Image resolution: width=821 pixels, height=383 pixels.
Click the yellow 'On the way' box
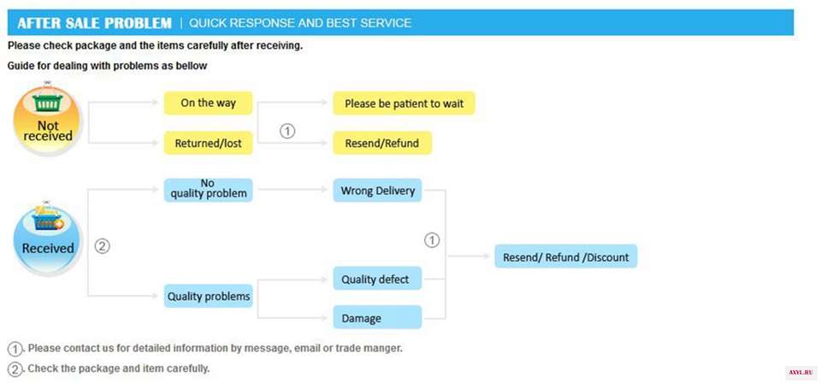click(x=208, y=103)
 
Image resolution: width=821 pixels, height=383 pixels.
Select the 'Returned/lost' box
click(x=208, y=143)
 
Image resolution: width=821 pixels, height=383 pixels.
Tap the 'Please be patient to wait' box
click(x=404, y=103)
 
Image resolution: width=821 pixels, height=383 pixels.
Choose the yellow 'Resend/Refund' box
click(x=382, y=143)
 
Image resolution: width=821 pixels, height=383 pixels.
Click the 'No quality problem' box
click(x=208, y=190)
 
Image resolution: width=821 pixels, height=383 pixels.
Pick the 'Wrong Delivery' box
click(x=377, y=191)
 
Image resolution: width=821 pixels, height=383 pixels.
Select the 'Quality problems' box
click(x=208, y=296)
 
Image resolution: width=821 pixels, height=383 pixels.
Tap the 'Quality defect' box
click(x=377, y=279)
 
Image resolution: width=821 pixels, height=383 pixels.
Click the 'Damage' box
click(x=377, y=317)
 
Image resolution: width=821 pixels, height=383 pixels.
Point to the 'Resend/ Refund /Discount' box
click(x=565, y=256)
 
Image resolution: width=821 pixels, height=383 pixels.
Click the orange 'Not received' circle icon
click(x=48, y=121)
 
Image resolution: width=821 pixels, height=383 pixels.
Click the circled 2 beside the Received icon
click(x=102, y=246)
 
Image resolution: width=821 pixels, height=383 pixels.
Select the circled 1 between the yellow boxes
click(x=287, y=131)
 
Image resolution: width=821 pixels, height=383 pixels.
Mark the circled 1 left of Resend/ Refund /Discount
click(x=431, y=240)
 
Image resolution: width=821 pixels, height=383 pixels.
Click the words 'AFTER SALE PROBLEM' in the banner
click(x=94, y=23)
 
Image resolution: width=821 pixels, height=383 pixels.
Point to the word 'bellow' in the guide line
click(x=192, y=67)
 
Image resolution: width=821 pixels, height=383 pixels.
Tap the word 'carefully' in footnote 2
click(x=188, y=368)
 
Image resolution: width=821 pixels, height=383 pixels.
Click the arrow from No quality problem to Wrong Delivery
click(x=293, y=190)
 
